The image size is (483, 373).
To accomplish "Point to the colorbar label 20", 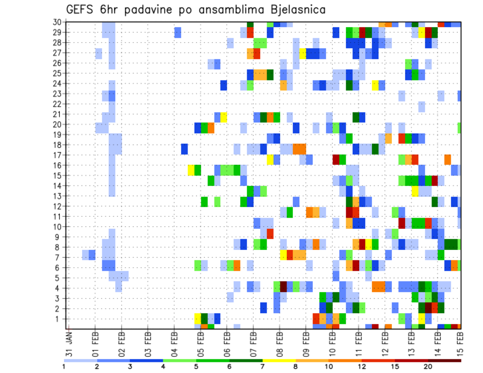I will click(x=428, y=366).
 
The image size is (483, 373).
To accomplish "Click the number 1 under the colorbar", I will click(x=64, y=366).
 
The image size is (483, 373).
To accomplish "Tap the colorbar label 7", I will click(x=263, y=366).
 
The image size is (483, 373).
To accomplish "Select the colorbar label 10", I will click(x=329, y=366).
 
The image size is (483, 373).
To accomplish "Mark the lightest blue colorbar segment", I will click(x=80, y=360).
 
